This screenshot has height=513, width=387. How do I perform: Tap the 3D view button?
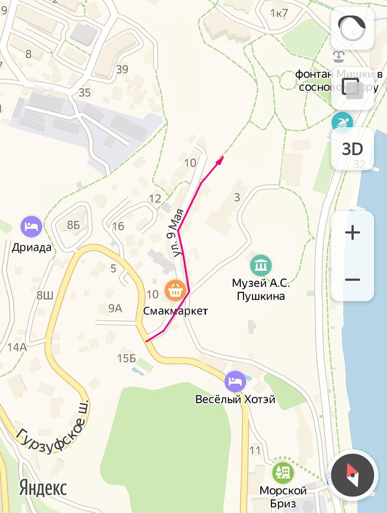point(352,149)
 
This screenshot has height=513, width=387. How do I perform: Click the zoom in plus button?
point(352,233)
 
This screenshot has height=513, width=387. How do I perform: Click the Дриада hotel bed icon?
point(32,226)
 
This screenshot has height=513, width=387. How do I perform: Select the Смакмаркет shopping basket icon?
point(175,290)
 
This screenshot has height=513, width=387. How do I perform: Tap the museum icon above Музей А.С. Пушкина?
point(261,265)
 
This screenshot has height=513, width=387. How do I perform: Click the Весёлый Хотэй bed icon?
point(235,381)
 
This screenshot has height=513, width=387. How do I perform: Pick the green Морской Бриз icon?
point(283,473)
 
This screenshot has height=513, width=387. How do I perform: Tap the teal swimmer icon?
point(342,122)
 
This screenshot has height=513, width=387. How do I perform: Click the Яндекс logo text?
point(43,487)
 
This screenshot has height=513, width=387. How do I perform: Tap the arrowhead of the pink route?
point(221,159)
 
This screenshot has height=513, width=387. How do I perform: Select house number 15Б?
point(126,358)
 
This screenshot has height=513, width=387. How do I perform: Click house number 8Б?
point(73,225)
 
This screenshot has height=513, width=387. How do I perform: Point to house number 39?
point(122,69)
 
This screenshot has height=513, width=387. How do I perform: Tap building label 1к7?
point(279,13)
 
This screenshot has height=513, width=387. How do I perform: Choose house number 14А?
point(17,347)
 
